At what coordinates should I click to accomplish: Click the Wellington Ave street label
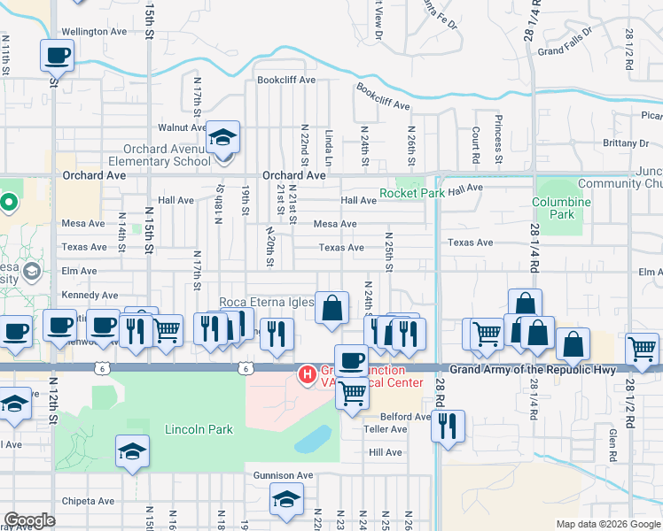[x=94, y=31]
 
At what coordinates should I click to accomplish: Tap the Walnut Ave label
[x=182, y=128]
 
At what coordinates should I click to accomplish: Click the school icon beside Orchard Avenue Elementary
[x=222, y=138]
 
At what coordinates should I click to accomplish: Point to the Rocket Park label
[x=412, y=193]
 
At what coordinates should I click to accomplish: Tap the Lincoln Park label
[x=199, y=430]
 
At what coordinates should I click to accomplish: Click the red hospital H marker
[x=308, y=375]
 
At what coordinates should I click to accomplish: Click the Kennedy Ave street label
[x=90, y=295]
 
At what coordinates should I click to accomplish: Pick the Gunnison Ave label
[x=284, y=475]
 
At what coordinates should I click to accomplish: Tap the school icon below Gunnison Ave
[x=286, y=502]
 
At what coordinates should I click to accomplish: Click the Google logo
[x=29, y=520]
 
